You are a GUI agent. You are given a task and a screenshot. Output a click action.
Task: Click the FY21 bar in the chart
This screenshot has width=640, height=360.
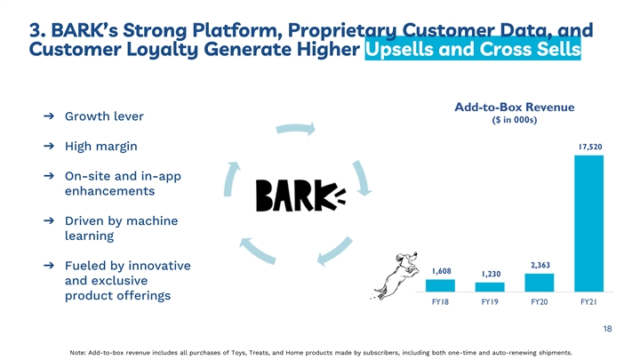[x=588, y=223]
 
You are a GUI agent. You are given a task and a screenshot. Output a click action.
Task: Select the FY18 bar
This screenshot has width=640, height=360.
[x=440, y=285]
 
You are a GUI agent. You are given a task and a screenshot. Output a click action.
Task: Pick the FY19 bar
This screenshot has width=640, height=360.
[x=490, y=287]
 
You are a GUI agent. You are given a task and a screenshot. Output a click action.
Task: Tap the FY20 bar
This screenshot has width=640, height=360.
[x=540, y=283]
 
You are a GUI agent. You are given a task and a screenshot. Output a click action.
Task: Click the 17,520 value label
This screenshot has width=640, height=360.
[x=590, y=147]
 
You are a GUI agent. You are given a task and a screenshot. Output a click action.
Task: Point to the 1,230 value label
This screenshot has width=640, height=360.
[x=491, y=274]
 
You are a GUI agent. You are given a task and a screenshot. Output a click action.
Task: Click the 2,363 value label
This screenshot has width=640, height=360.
[x=540, y=265]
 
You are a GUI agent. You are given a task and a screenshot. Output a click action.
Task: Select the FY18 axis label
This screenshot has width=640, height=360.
[x=440, y=301]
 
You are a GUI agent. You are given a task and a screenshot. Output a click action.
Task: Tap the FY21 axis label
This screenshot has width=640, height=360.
[x=588, y=301]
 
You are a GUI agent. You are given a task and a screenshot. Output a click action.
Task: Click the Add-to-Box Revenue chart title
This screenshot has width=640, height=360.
[x=515, y=107]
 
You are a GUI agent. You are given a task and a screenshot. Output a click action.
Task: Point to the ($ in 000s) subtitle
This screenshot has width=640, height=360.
[x=515, y=120]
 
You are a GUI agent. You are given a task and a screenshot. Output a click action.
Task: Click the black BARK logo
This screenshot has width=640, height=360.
[x=300, y=196]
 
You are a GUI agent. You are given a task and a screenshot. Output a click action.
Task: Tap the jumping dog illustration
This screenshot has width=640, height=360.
[x=396, y=276]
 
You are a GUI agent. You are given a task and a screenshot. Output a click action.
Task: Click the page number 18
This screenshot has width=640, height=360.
[x=607, y=329]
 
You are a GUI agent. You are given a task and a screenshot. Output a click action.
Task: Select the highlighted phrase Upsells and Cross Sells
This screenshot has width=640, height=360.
[x=473, y=49]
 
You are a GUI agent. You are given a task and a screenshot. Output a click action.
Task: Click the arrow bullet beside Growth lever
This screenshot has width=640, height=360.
[x=49, y=116]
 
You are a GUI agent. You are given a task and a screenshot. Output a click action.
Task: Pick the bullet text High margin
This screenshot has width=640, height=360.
[x=100, y=147]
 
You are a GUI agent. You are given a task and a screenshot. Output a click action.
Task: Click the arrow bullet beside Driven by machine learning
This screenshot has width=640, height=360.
[x=49, y=220]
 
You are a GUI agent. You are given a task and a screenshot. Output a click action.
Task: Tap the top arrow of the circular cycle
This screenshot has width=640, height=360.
[x=296, y=129]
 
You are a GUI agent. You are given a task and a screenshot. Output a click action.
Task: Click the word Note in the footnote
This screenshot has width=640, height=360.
[x=77, y=353]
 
